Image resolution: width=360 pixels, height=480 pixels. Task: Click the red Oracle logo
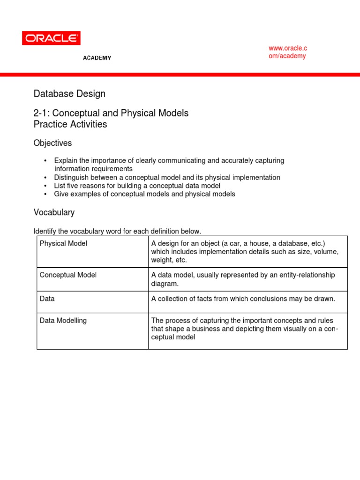[51, 38]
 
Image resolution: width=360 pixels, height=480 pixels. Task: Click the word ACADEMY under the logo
[97, 58]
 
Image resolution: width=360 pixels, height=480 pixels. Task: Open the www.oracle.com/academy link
[287, 52]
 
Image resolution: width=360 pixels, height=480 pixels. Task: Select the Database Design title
[69, 94]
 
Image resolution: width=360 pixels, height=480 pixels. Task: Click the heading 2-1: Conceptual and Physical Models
[111, 113]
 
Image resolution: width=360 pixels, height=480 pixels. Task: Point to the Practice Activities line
[70, 124]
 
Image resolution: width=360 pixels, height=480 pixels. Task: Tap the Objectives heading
[52, 143]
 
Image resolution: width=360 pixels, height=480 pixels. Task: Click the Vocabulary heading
[54, 212]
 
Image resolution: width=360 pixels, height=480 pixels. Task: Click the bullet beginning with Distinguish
[167, 178]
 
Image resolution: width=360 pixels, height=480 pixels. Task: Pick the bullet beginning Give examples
[144, 194]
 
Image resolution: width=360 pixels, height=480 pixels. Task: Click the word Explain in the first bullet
[66, 161]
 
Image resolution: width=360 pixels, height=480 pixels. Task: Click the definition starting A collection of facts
[243, 298]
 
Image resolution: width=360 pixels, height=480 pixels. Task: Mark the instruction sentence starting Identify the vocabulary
[117, 231]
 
